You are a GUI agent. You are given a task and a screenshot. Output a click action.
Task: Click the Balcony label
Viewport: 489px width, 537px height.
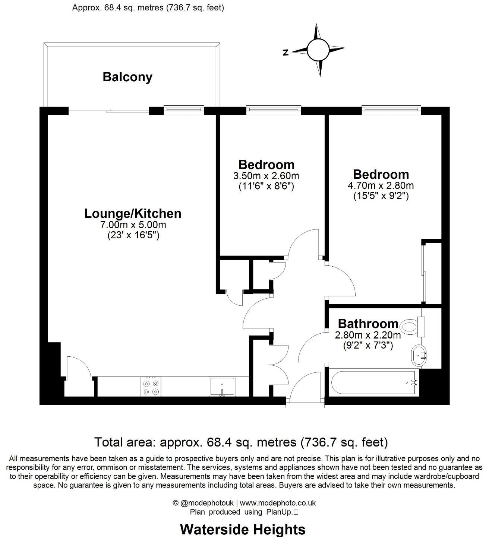[x=127, y=77]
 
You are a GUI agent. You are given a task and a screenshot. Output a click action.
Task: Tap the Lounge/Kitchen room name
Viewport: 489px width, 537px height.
[x=133, y=213]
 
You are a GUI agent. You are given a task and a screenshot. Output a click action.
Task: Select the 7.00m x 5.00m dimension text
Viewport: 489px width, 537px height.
[x=133, y=225]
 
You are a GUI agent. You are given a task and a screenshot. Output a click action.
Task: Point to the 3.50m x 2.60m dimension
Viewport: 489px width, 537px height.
[x=266, y=175]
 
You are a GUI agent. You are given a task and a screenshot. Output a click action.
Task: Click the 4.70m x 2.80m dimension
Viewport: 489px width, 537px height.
[x=381, y=185]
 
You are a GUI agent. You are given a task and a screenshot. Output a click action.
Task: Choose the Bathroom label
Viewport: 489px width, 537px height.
[x=368, y=323]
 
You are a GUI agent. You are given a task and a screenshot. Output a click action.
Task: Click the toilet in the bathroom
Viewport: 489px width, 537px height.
[x=411, y=327]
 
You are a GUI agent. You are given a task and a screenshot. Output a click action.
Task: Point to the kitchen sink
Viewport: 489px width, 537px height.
[x=222, y=387]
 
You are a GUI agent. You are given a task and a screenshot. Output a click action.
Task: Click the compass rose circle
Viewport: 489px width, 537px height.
[x=318, y=50]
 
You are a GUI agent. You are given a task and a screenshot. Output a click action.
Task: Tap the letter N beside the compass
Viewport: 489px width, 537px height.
[x=286, y=53]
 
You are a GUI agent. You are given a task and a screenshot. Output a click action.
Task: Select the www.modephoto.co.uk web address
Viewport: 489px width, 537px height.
[x=280, y=503]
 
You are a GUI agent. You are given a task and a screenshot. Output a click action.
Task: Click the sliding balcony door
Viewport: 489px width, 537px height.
[x=109, y=111]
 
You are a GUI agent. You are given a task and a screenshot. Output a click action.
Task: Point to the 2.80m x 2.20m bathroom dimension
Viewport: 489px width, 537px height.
[x=368, y=335]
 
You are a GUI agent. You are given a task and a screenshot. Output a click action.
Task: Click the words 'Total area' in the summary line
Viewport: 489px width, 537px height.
[x=125, y=442]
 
